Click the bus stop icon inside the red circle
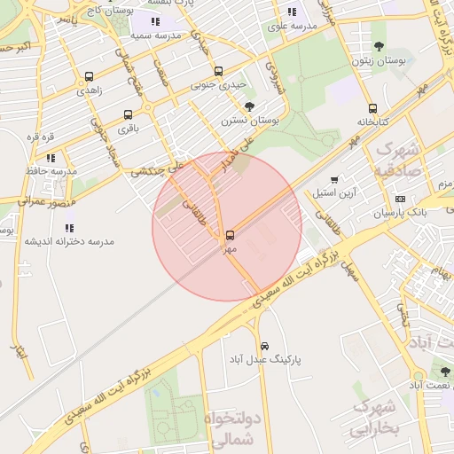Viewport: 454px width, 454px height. tap(231, 235)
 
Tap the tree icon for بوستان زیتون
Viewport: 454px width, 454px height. tap(380, 46)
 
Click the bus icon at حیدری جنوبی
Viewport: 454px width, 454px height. tap(218, 71)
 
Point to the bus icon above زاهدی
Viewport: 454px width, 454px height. tap(89, 76)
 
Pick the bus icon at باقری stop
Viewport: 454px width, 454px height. tap(129, 114)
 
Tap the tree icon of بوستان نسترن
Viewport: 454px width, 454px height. tap(250, 106)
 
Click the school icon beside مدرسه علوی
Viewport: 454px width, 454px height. tap(292, 12)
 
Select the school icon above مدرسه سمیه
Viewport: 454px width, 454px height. tap(155, 21)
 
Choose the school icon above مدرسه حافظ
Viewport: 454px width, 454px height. tap(51, 157)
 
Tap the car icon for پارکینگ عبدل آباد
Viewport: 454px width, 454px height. tap(264, 346)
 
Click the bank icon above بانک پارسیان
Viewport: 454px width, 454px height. tap(400, 199)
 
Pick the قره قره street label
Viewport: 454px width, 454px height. tap(41, 137)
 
